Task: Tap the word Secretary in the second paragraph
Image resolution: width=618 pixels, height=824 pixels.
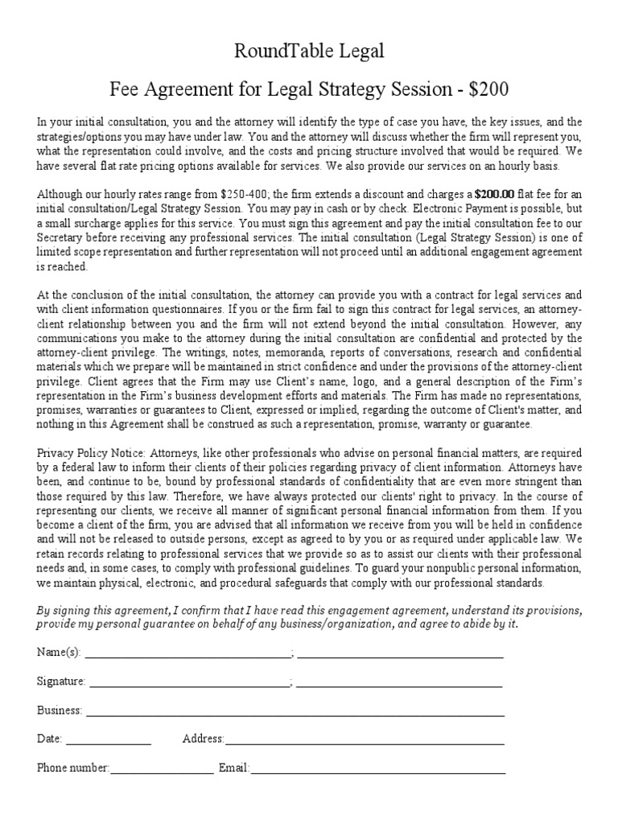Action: click(64, 238)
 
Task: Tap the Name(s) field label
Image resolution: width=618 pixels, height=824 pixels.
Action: click(59, 652)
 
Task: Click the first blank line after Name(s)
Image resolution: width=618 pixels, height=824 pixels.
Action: click(187, 653)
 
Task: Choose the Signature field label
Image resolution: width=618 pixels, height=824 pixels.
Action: click(61, 682)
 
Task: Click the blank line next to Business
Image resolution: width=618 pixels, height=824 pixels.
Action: click(295, 712)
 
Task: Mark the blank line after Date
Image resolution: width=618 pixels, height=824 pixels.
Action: click(108, 740)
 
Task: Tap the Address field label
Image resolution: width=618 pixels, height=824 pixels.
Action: click(203, 739)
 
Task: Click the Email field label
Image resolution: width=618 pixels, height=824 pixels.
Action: click(234, 768)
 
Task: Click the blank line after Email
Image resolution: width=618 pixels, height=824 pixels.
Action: click(378, 770)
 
